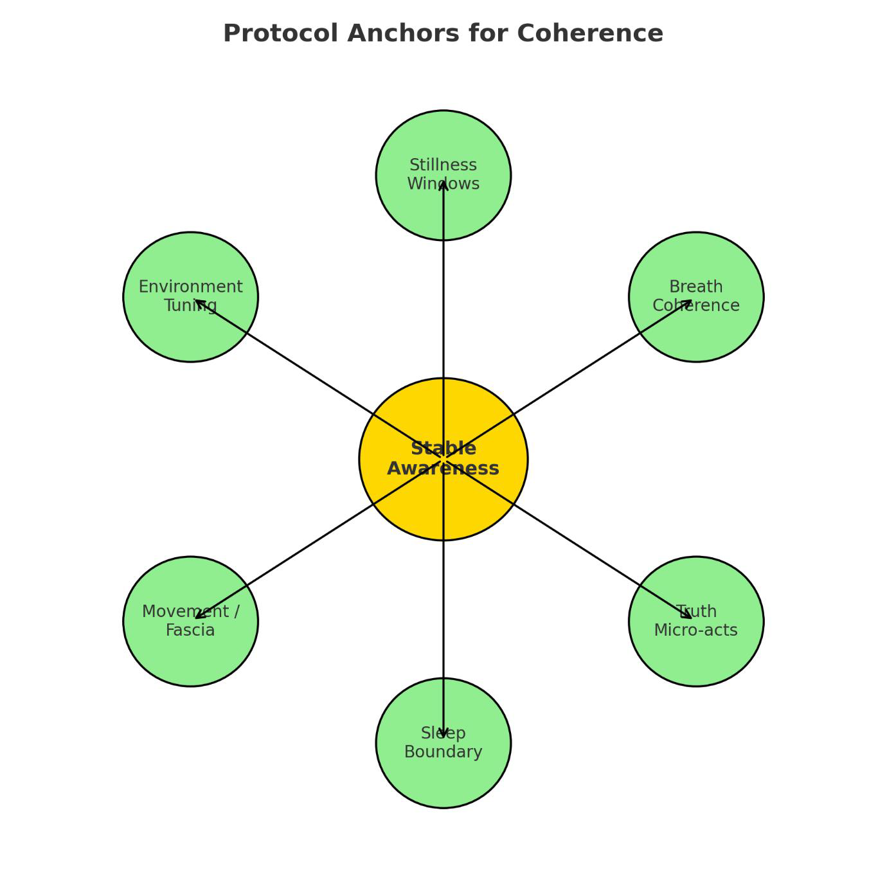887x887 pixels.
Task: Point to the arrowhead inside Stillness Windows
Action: click(443, 184)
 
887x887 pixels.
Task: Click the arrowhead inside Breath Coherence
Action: click(688, 302)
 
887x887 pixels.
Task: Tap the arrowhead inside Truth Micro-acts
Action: click(688, 616)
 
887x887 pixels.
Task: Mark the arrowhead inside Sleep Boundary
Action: click(443, 733)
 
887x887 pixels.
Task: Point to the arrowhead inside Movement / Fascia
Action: click(199, 616)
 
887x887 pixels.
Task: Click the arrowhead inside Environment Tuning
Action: click(199, 302)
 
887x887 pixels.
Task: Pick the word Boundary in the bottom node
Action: click(443, 752)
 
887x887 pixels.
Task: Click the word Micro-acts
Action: click(696, 631)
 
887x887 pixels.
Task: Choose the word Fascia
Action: click(191, 631)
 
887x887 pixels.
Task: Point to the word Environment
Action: click(191, 287)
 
